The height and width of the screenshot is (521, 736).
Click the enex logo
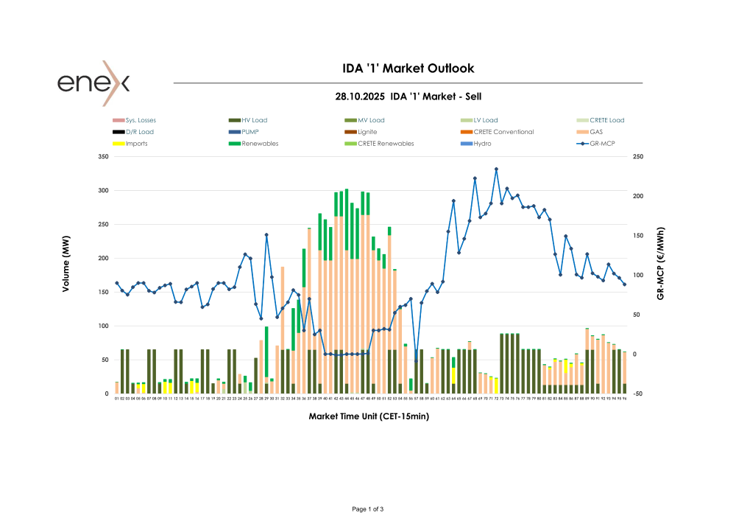pyautogui.click(x=93, y=83)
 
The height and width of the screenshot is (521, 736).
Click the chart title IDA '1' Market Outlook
pyautogui.click(x=408, y=69)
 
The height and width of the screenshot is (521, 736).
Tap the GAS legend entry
pyautogui.click(x=597, y=132)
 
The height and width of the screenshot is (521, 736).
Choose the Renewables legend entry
pyautogui.click(x=260, y=144)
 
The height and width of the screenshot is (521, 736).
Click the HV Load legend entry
pyautogui.click(x=255, y=120)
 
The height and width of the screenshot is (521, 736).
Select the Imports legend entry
pyautogui.click(x=136, y=144)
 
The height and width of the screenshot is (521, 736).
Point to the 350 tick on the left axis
pyautogui.click(x=103, y=157)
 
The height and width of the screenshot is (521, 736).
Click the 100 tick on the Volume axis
pyautogui.click(x=103, y=326)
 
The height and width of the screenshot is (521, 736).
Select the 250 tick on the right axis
pyautogui.click(x=638, y=157)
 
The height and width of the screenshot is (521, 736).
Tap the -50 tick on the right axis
pyautogui.click(x=638, y=394)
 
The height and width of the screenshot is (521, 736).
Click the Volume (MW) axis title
pyautogui.click(x=66, y=269)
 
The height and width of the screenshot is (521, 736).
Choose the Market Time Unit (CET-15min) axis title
pyautogui.click(x=369, y=416)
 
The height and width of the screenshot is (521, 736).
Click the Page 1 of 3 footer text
pyautogui.click(x=368, y=509)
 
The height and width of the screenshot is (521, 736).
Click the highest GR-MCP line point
pyautogui.click(x=496, y=169)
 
